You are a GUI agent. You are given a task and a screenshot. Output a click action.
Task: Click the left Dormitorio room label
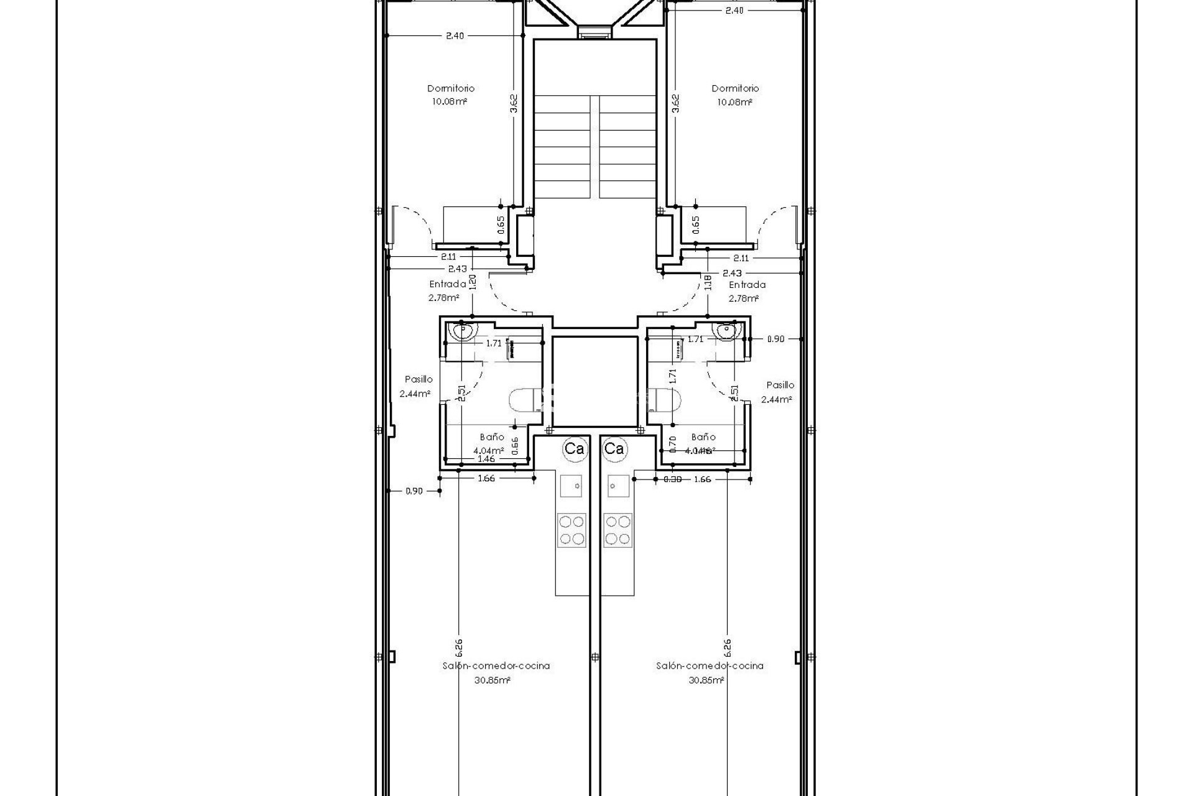(450, 88)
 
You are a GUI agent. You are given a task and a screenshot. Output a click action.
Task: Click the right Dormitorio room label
(735, 88)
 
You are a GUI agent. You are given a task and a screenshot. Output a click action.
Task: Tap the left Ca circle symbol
(573, 448)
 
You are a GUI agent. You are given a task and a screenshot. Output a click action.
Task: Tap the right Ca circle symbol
(614, 448)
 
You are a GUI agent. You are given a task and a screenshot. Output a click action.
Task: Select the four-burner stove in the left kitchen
(571, 530)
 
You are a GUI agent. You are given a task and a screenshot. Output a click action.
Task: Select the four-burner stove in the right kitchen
(618, 530)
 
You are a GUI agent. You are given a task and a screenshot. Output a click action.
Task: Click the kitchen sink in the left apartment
(571, 485)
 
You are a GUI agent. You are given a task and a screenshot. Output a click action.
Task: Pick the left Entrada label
(447, 284)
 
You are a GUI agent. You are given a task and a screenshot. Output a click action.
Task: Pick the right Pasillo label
(780, 385)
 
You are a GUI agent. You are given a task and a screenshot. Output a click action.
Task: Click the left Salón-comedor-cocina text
(496, 665)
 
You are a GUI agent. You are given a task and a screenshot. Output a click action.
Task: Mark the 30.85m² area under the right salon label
(706, 680)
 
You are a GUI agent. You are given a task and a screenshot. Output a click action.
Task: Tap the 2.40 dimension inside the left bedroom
(455, 36)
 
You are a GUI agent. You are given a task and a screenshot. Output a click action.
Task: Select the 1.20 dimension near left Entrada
(473, 282)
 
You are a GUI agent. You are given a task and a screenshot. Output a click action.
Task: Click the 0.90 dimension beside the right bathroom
(775, 339)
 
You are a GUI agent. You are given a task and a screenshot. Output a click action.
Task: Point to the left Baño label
(492, 437)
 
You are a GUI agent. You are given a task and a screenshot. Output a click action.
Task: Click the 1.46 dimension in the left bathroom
(486, 459)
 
